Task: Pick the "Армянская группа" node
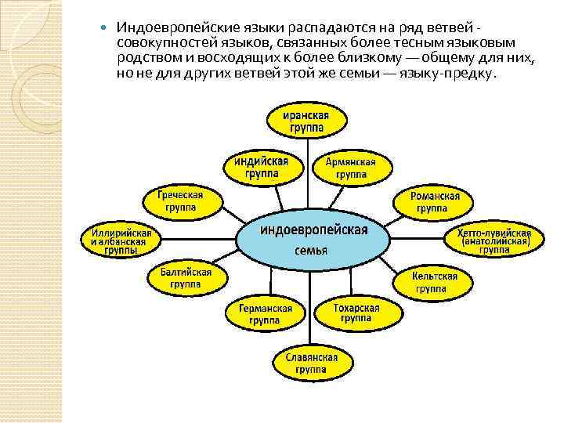tap(351, 168)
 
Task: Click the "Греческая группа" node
tap(180, 201)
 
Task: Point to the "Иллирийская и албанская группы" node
tap(120, 241)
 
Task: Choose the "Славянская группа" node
tap(305, 363)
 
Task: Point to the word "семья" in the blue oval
tap(311, 251)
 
